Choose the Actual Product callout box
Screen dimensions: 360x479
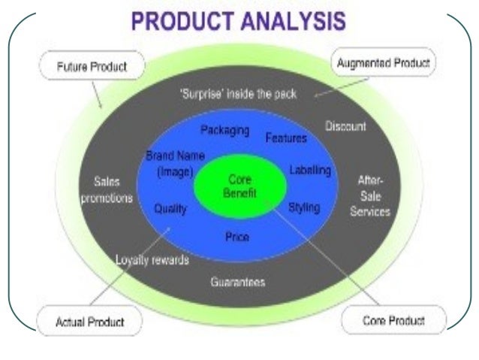point(89,321)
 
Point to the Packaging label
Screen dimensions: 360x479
point(224,130)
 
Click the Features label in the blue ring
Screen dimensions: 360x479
point(286,138)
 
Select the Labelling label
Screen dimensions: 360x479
point(309,171)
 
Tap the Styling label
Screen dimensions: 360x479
point(303,207)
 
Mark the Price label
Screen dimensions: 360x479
point(237,237)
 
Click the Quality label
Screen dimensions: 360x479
point(170,210)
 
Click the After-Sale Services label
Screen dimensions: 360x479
point(369,196)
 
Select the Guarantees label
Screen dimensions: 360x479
point(238,283)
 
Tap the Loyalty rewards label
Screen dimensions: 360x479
point(152,261)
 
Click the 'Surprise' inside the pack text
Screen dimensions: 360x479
point(239,94)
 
